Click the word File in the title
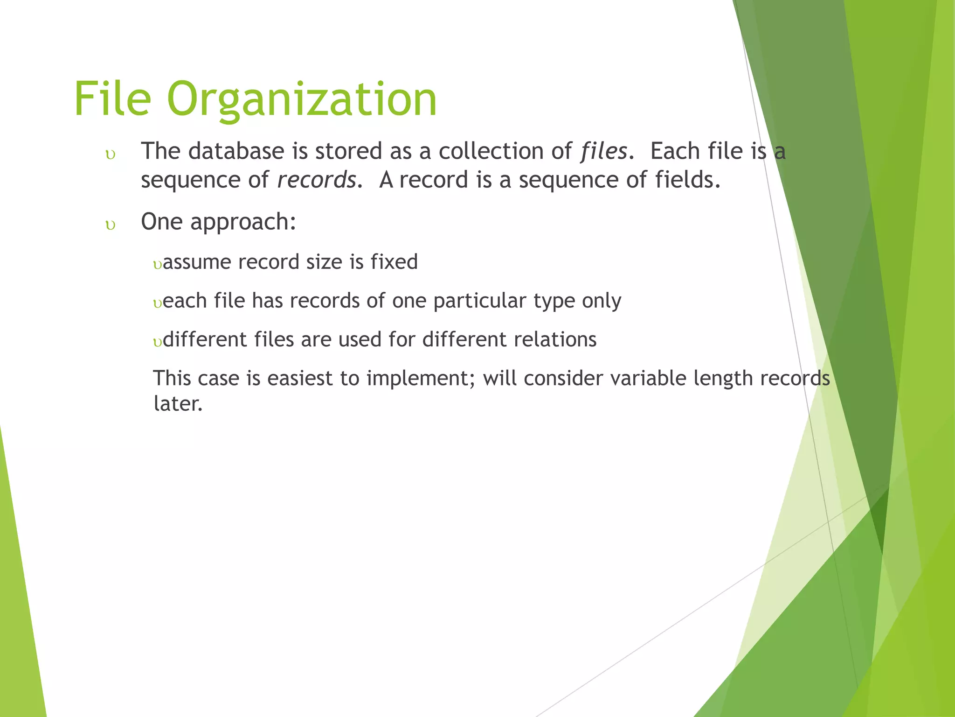pyautogui.click(x=112, y=99)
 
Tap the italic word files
pyautogui.click(x=604, y=151)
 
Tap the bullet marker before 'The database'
pyautogui.click(x=111, y=155)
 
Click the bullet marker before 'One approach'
pyautogui.click(x=111, y=226)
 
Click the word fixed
pyautogui.click(x=394, y=261)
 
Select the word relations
pyautogui.click(x=555, y=339)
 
